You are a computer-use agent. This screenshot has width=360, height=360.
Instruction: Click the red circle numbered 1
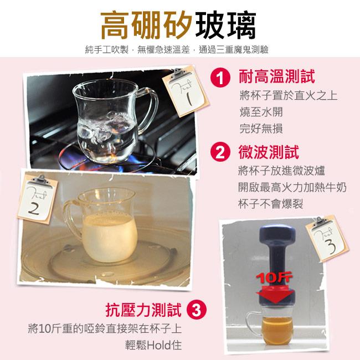tap(220, 78)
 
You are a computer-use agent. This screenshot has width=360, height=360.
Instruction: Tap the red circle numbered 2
tap(220, 152)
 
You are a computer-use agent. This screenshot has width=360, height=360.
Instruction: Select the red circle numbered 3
tap(197, 310)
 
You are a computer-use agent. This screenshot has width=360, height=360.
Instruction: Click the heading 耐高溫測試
tap(277, 76)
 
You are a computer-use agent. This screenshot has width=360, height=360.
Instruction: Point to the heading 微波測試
tap(269, 152)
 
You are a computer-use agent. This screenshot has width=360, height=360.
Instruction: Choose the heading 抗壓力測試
tap(144, 310)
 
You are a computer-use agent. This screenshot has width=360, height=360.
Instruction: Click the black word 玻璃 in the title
tap(225, 25)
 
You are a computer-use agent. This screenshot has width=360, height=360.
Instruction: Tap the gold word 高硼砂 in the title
tap(146, 25)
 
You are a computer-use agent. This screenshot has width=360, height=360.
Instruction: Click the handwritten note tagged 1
tap(186, 91)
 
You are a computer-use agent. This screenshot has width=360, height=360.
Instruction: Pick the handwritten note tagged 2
tap(37, 199)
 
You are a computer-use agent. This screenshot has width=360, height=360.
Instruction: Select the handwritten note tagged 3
tap(327, 239)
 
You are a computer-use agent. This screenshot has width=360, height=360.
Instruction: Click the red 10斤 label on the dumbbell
tap(274, 278)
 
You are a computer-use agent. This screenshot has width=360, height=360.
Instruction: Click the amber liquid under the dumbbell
tap(277, 330)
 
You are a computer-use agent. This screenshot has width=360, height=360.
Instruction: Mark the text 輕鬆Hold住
tap(153, 345)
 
